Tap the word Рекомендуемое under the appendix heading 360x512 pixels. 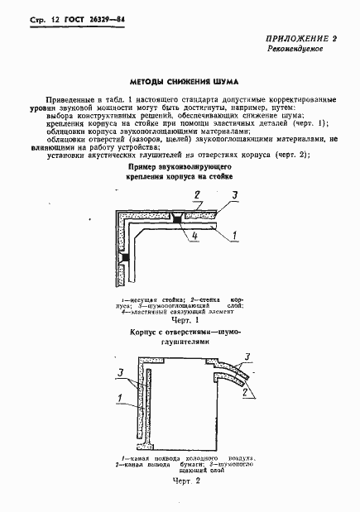(x=295, y=50)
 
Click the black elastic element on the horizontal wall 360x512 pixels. (x=176, y=218)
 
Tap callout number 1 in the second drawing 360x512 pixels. (x=122, y=400)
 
